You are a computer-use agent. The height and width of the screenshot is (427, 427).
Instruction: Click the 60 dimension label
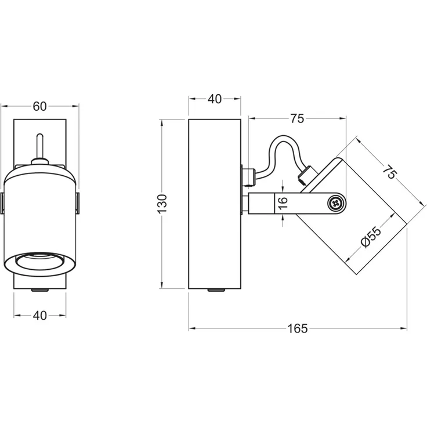coord(40,106)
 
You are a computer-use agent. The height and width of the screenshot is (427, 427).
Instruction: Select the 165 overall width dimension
coord(298,328)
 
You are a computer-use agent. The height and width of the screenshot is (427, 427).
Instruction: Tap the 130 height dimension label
coord(162,204)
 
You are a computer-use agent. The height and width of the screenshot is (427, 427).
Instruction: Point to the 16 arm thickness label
coord(283,203)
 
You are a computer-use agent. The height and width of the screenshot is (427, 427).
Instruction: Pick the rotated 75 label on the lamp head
coord(390,172)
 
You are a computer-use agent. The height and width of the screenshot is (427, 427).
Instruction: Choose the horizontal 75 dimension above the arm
coord(297,118)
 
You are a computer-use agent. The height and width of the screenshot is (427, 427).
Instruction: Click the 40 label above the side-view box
coord(215,99)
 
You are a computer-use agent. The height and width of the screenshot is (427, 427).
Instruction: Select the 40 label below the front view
coord(40,316)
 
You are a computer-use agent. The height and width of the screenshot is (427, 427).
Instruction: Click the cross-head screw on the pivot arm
coord(335,203)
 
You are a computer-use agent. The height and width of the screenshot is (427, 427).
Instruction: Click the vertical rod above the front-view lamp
coord(40,146)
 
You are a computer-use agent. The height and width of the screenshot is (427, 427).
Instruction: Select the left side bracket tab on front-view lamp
coord(2,203)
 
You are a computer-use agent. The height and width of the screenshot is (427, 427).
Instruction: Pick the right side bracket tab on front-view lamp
coord(78,203)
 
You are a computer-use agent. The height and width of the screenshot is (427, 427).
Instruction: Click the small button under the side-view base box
coord(216,290)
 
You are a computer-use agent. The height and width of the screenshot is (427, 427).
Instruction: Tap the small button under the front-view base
coord(40,290)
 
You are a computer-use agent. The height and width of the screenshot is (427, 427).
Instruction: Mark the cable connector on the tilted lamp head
coord(307,176)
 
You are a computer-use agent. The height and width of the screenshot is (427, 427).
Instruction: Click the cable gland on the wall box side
coord(248,177)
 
